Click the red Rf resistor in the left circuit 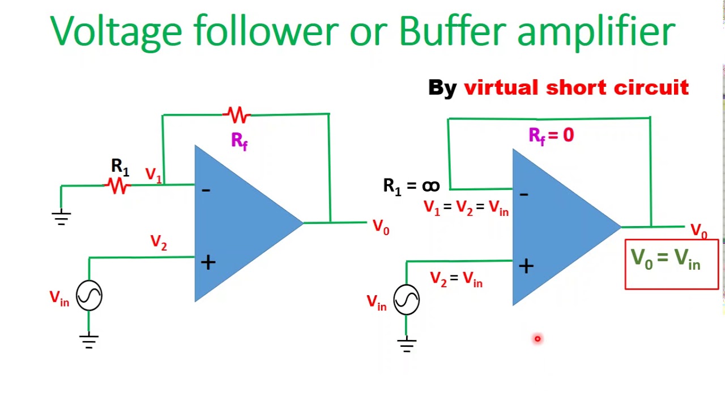click(x=237, y=115)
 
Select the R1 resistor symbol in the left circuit click(x=118, y=185)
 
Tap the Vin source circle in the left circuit click(x=89, y=295)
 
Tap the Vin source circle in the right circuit click(x=406, y=299)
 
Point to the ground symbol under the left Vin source click(x=89, y=341)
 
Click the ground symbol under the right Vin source click(x=406, y=345)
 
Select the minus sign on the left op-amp click(x=206, y=190)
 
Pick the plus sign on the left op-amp click(x=208, y=262)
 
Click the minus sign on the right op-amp click(x=524, y=195)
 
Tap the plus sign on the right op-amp click(x=526, y=266)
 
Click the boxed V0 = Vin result click(x=671, y=264)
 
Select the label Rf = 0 click(x=551, y=135)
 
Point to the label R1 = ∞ click(x=411, y=186)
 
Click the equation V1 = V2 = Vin click(x=466, y=208)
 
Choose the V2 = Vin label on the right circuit click(x=456, y=279)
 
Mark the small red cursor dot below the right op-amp click(x=538, y=339)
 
